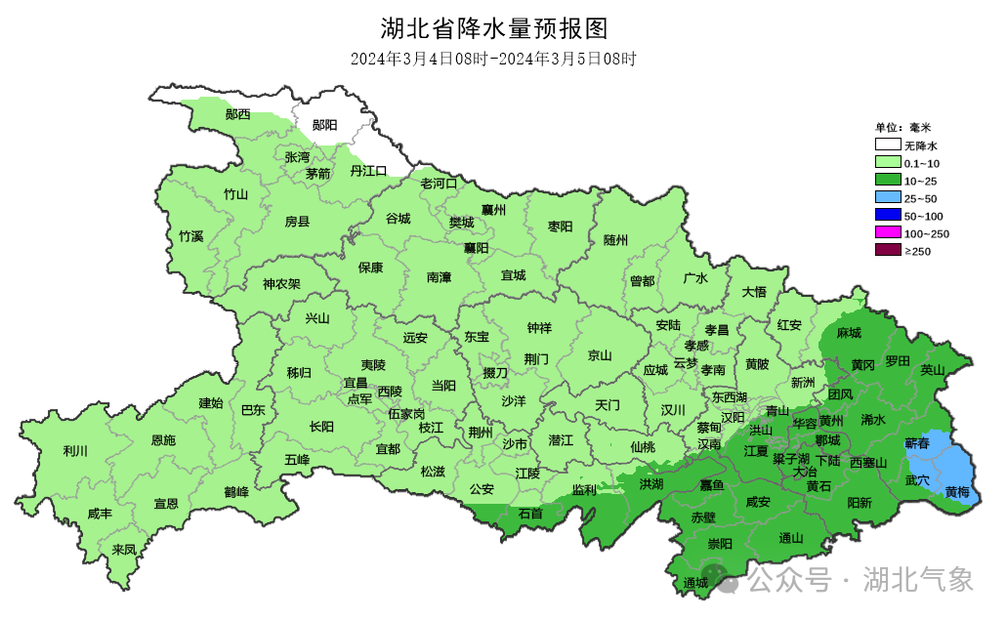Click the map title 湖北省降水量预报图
[x=500, y=26]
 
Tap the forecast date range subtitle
[x=494, y=59]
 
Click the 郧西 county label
[x=237, y=114]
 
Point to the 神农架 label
[x=281, y=285]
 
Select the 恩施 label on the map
[x=163, y=440]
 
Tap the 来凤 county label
[x=124, y=549]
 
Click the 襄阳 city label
[x=476, y=248]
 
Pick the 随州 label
[x=615, y=239]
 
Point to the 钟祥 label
[x=539, y=328]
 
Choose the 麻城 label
[x=849, y=333]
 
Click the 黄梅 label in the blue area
[x=957, y=492]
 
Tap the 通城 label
[x=695, y=584]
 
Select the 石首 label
[x=530, y=514]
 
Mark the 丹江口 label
[x=369, y=171]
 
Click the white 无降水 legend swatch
[x=887, y=145]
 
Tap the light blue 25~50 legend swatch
[x=887, y=198]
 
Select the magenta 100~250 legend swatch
[x=887, y=233]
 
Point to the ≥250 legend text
[x=918, y=251]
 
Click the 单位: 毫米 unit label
[x=903, y=127]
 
